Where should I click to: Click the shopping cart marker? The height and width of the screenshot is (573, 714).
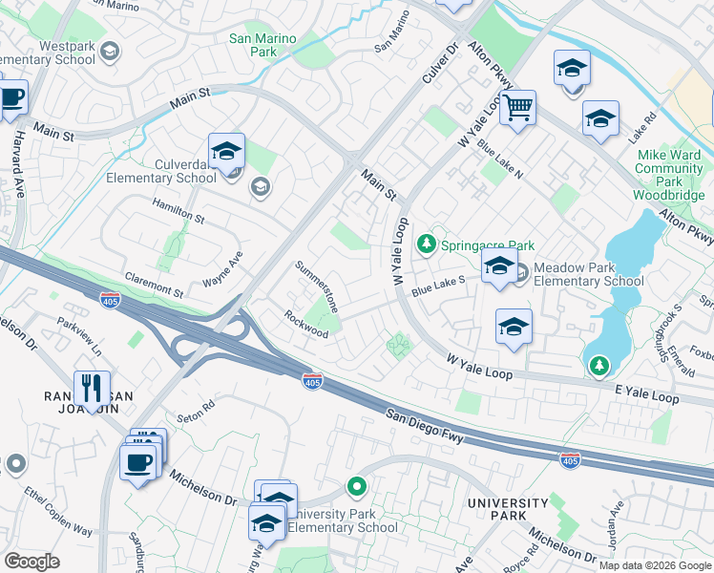(517, 108)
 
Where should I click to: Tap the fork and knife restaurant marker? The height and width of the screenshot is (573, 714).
(92, 389)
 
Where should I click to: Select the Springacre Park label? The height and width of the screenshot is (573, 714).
(486, 245)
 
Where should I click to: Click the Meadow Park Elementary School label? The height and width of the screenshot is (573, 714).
(588, 274)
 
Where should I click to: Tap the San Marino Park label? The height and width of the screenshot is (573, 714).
(262, 46)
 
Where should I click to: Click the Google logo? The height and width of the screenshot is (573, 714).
(31, 561)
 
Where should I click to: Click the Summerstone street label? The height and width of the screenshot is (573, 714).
(317, 286)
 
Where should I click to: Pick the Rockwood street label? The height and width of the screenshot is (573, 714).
(305, 324)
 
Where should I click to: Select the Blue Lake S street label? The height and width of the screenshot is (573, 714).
(437, 285)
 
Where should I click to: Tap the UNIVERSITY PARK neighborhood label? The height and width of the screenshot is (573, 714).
(508, 509)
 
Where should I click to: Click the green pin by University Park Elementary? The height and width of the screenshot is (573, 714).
(357, 488)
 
